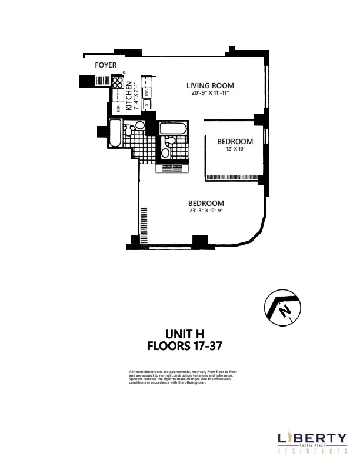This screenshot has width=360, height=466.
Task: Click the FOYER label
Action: tap(106, 65)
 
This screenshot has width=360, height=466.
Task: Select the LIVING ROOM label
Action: tap(211, 85)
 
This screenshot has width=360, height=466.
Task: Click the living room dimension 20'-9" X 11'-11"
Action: tap(211, 93)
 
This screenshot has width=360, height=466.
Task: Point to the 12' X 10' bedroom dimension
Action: tap(235, 149)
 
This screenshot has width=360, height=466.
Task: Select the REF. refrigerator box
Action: tap(118, 108)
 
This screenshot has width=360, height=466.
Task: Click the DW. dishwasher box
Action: tap(147, 92)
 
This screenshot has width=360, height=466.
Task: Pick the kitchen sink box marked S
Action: tap(147, 106)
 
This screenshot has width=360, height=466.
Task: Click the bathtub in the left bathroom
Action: tap(115, 135)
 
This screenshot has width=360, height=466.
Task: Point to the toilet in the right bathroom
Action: tap(166, 153)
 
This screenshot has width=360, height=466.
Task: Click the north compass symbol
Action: tap(281, 308)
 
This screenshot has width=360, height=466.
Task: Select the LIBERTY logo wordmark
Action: tap(312, 438)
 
